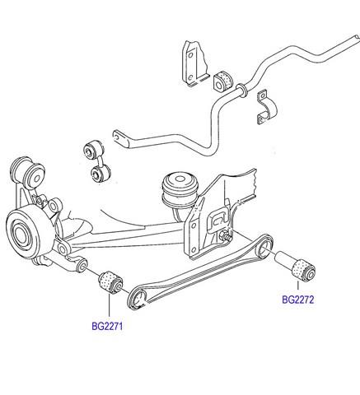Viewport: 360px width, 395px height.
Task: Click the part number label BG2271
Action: click(x=107, y=327)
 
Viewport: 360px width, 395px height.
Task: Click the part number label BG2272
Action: click(x=298, y=300)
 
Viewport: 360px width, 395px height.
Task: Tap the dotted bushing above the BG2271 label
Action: click(x=110, y=282)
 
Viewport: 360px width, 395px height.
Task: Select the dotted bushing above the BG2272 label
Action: click(x=304, y=270)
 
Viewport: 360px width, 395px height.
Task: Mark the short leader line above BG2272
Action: click(x=297, y=286)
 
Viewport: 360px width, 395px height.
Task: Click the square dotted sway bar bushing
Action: click(x=223, y=81)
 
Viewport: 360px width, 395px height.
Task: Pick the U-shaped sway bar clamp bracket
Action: click(x=266, y=107)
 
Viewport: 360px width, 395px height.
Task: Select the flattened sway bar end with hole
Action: click(x=121, y=138)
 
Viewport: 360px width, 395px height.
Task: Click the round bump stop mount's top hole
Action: click(x=180, y=179)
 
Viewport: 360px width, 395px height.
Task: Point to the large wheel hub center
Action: click(x=20, y=236)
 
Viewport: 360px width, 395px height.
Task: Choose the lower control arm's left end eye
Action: click(x=138, y=299)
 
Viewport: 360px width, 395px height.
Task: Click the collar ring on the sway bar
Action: click(x=241, y=91)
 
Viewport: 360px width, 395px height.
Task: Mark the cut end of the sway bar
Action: click(x=357, y=38)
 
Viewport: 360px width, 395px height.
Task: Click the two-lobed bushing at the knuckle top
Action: click(x=27, y=172)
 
